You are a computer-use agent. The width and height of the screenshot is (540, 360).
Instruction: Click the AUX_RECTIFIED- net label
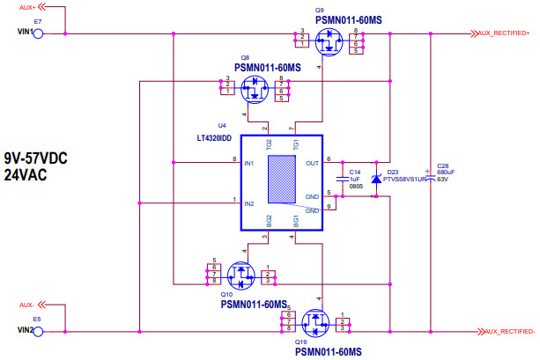[x=505, y=331]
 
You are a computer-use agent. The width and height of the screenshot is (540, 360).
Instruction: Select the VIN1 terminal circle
[x=39, y=33]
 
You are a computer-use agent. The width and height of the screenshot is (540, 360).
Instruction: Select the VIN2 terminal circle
[x=39, y=331]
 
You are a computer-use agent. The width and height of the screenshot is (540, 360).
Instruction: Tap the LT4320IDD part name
[x=214, y=138]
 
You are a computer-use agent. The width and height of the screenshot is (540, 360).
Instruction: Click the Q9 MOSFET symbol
[x=330, y=40]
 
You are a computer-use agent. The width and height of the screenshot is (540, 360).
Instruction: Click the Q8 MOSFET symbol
[x=256, y=85]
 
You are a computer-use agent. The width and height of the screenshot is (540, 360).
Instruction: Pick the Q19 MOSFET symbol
[x=314, y=323]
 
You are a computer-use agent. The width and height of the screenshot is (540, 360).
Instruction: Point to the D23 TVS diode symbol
[x=376, y=180]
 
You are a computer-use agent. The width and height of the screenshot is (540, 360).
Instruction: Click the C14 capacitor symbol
[x=343, y=179]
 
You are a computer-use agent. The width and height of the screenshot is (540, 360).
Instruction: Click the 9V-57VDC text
[x=36, y=158]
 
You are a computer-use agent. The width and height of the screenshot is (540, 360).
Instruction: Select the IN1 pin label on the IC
[x=248, y=164]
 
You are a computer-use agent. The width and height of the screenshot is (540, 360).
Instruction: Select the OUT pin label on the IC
[x=312, y=163]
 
